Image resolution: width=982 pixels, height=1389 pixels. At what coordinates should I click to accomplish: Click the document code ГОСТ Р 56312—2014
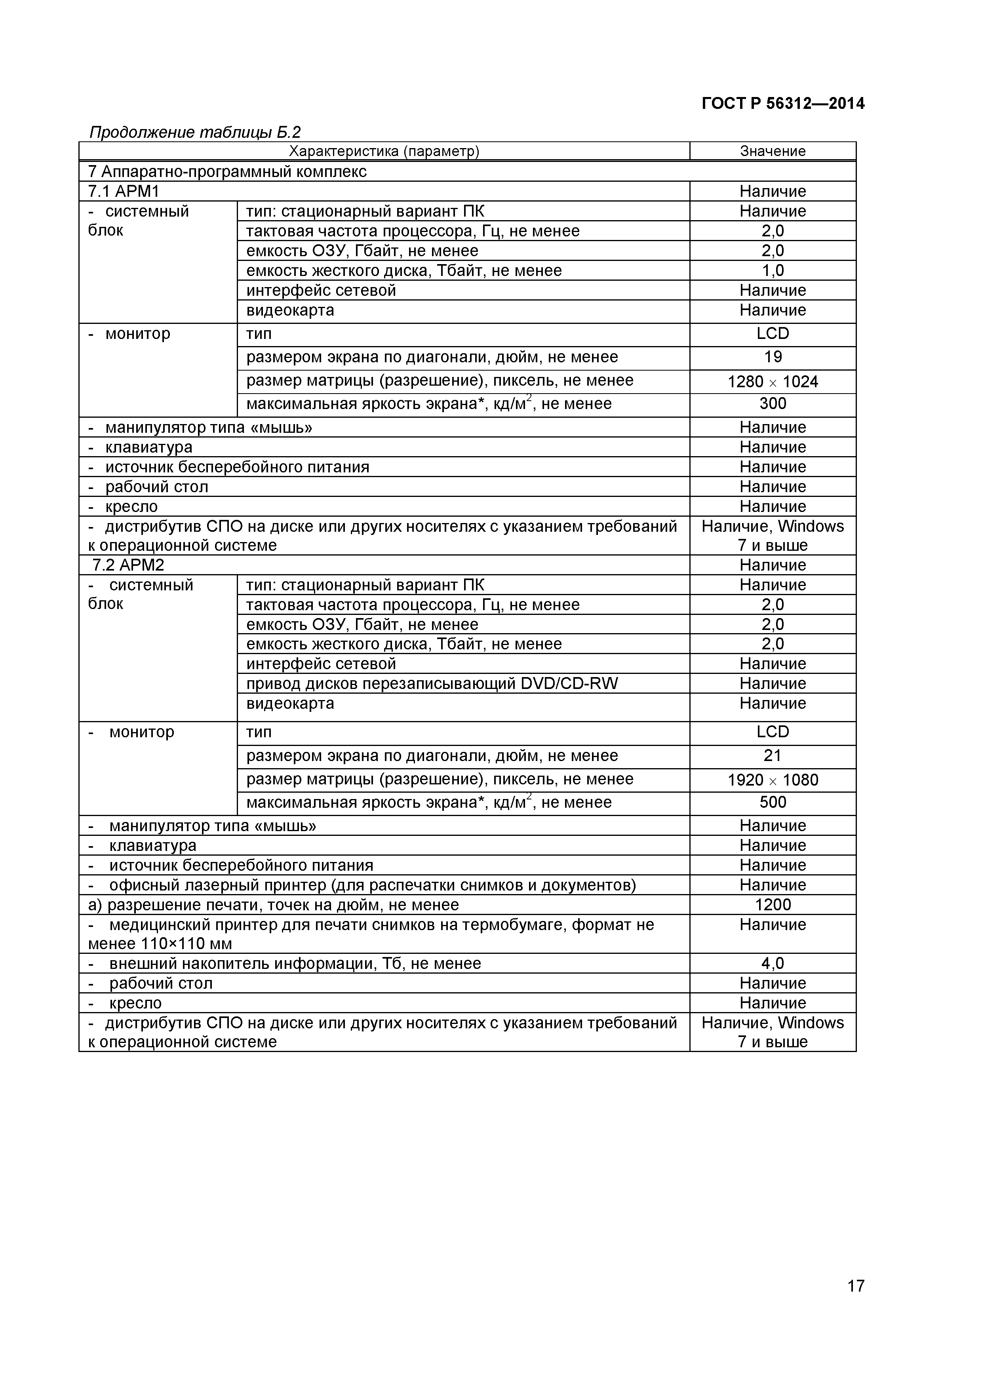pos(782,104)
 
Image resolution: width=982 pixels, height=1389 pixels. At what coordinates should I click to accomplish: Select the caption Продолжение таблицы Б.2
pos(195,132)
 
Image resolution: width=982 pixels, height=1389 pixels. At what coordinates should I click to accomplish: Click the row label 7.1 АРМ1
pos(124,191)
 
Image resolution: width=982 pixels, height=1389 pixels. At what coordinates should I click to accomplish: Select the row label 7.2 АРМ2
pos(128,565)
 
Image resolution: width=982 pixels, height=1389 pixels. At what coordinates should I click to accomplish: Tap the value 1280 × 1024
pos(773,382)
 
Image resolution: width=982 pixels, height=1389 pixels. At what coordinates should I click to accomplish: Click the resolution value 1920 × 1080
pos(773,780)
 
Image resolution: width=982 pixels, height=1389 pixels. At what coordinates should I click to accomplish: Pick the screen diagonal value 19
pos(773,357)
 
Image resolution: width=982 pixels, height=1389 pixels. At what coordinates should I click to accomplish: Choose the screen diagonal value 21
pos(773,755)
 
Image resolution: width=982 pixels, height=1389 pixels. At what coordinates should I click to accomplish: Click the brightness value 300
pos(773,403)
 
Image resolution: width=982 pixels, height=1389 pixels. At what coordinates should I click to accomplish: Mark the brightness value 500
pos(773,802)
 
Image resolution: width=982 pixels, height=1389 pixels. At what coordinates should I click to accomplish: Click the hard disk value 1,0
pos(773,270)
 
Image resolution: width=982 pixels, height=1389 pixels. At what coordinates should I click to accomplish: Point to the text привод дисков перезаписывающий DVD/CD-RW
pos(432,683)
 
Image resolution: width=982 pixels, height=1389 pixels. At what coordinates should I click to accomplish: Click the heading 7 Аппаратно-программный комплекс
pos(228,172)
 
